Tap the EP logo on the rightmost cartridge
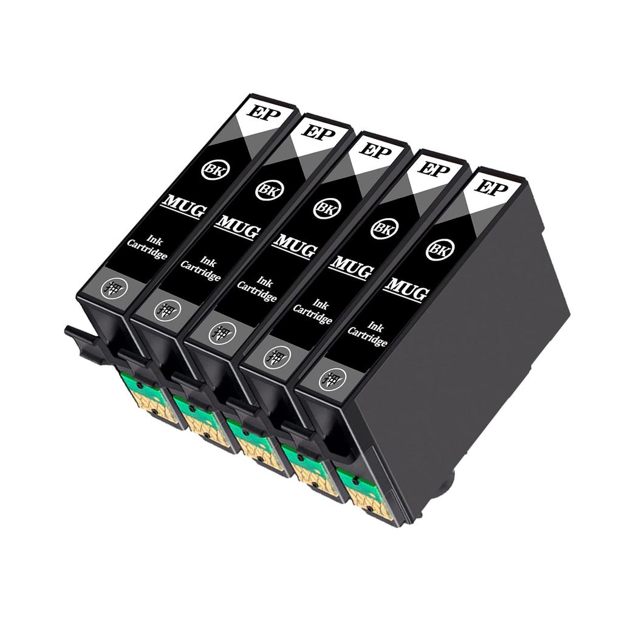coord(491,186)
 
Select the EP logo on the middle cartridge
coord(375,150)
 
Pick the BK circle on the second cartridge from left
coord(266,190)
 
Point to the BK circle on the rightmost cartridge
coord(440,249)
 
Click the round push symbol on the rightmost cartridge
coord(332,380)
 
